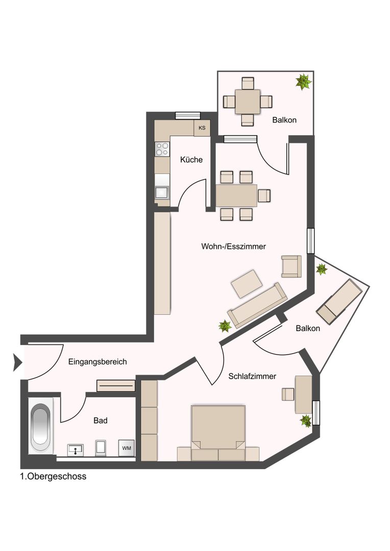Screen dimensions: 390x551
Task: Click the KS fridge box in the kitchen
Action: click(202, 128)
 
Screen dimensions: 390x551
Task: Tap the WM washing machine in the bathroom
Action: click(127, 448)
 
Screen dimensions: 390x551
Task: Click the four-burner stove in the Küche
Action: click(162, 149)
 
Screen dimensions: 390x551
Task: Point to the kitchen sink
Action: click(162, 193)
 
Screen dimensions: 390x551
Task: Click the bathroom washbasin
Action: click(76, 450)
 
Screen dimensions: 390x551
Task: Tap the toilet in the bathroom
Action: click(101, 447)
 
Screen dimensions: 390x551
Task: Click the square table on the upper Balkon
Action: click(248, 102)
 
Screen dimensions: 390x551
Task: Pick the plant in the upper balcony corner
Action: click(303, 82)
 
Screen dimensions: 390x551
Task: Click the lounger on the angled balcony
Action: click(339, 302)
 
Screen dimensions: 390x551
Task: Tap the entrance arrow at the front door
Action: click(17, 362)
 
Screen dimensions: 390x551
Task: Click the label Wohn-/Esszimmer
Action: click(233, 246)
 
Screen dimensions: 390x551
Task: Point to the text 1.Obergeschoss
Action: click(53, 477)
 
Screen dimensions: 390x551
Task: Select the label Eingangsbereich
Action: click(97, 362)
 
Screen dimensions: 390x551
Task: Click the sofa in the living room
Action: click(257, 305)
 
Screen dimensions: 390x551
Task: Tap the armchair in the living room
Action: click(291, 266)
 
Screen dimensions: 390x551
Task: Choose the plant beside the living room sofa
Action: click(225, 327)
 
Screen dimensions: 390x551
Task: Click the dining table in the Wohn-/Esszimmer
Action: click(236, 196)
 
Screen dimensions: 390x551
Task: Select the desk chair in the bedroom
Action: click(288, 394)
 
